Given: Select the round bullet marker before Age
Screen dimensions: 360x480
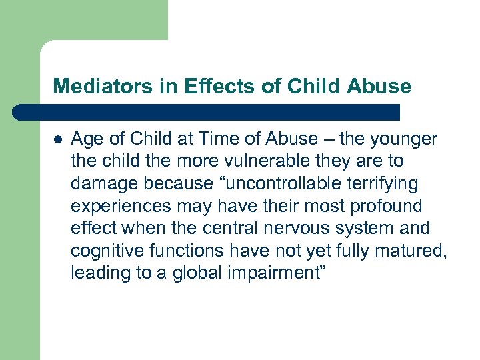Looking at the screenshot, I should (x=57, y=139).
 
